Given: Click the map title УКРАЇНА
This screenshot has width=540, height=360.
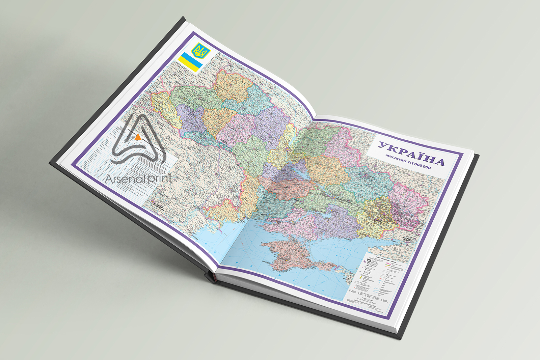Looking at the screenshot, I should click(411, 154).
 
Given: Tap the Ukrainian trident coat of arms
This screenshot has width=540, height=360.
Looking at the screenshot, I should click(201, 51).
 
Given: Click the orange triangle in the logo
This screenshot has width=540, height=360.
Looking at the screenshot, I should click(138, 137).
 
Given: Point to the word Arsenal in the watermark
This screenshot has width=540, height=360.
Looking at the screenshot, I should click(125, 178).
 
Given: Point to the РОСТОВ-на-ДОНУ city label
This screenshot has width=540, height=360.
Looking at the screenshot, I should click(411, 240).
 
